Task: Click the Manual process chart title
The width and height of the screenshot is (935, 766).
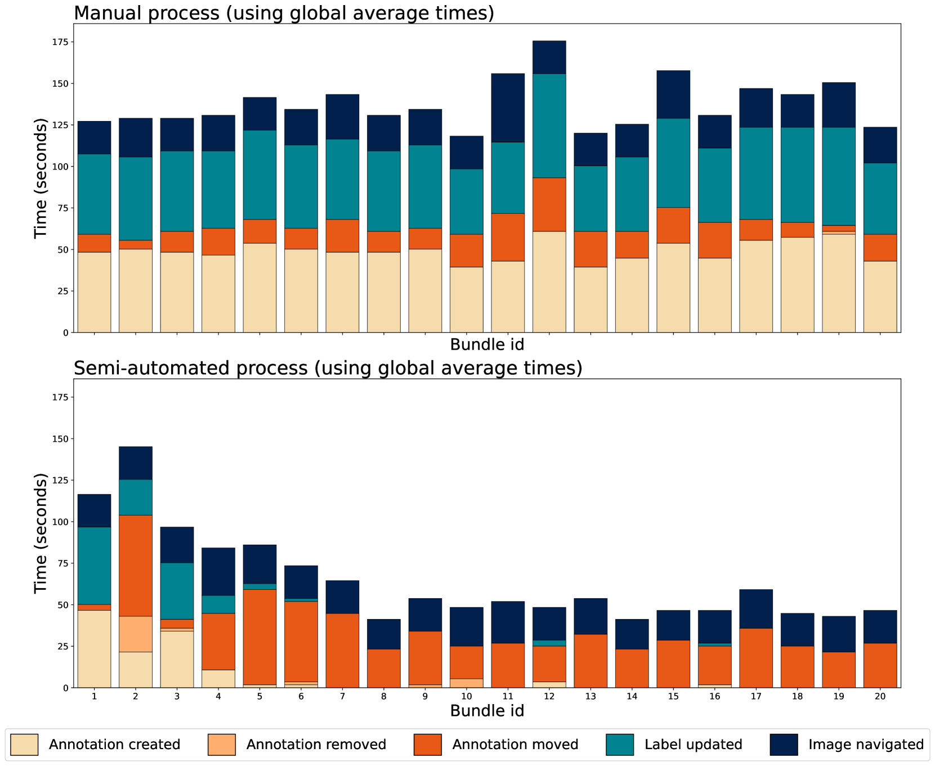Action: click(x=284, y=12)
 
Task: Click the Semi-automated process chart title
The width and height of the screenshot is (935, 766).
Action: click(x=328, y=368)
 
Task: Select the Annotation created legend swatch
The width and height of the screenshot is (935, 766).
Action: click(x=24, y=745)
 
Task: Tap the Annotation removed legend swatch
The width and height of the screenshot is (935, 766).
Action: click(x=222, y=745)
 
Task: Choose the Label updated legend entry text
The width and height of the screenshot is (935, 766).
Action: click(x=693, y=745)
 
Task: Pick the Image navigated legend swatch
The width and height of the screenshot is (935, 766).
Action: click(x=784, y=745)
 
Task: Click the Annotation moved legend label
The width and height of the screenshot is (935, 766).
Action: click(x=515, y=745)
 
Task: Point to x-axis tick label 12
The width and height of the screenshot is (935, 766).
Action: click(x=549, y=697)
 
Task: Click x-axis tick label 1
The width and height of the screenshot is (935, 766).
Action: click(x=94, y=697)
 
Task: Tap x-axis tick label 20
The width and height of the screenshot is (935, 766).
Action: click(x=880, y=697)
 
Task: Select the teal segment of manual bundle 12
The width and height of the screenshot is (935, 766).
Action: click(x=549, y=126)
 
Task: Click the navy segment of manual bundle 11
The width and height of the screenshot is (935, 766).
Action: click(x=508, y=107)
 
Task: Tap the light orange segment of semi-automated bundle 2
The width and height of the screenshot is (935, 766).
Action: click(x=135, y=634)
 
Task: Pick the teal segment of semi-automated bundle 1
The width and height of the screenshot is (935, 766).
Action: click(x=94, y=566)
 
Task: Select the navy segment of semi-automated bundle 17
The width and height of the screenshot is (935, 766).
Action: click(x=756, y=608)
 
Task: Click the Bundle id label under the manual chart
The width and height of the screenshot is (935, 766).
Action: click(x=487, y=344)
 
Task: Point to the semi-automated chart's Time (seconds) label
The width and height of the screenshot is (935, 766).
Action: click(x=41, y=532)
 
